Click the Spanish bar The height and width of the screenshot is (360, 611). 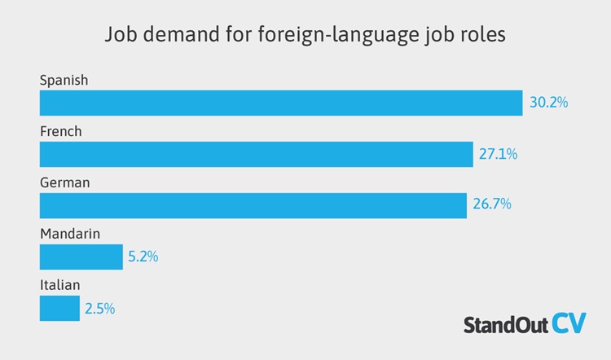point(281,103)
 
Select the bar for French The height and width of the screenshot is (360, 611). point(257,154)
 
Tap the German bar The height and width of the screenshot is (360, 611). point(253,205)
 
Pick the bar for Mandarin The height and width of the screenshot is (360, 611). point(81,257)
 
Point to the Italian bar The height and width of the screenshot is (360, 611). point(59,308)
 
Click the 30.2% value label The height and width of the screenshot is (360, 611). point(548,103)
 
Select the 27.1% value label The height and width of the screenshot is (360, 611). point(498,154)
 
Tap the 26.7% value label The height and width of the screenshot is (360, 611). point(491,205)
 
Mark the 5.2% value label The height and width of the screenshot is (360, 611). point(143,257)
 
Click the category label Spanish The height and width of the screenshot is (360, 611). point(64,80)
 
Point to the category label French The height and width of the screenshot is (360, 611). point(61,131)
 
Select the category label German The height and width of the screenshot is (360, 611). point(64,182)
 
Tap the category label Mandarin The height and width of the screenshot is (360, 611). point(70,234)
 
